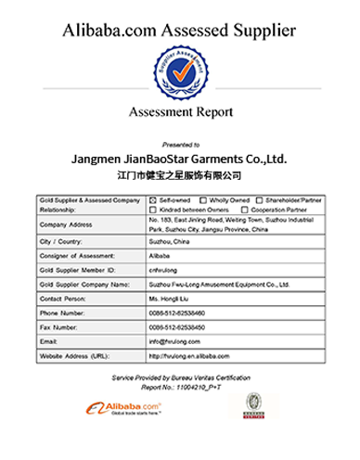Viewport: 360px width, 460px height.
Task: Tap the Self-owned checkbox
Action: (153, 200)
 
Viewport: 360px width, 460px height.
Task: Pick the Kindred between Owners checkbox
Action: (153, 209)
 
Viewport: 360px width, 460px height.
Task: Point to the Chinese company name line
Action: (180, 174)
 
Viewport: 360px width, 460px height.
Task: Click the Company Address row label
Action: (66, 224)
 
